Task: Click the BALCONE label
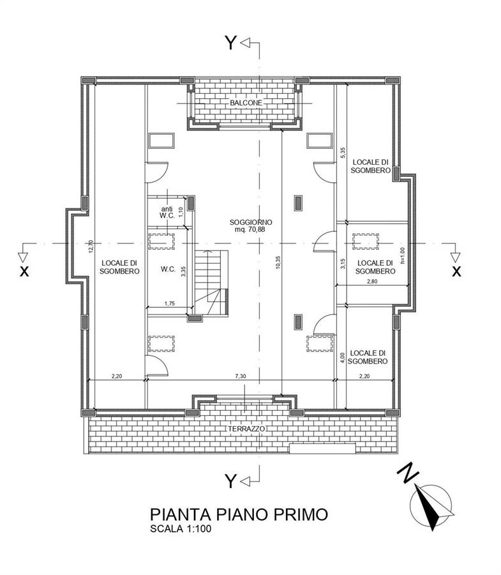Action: [246, 103]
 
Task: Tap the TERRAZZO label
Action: [245, 429]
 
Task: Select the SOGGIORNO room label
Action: [249, 222]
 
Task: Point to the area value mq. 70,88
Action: [249, 230]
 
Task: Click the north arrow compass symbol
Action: [433, 506]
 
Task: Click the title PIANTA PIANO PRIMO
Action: [239, 514]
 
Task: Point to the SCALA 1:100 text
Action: [181, 529]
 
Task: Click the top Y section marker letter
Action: [230, 43]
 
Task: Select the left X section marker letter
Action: [24, 271]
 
